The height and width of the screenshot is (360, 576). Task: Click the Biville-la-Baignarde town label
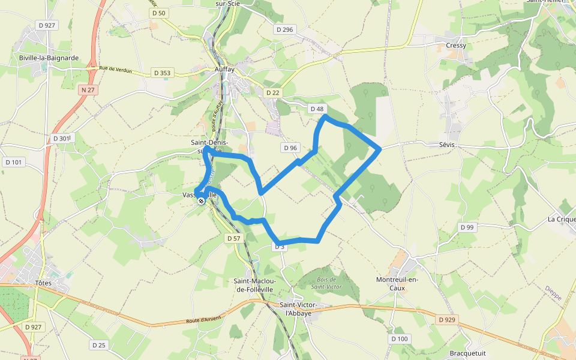pyautogui.click(x=49, y=58)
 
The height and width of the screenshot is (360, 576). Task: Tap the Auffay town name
pyautogui.click(x=224, y=69)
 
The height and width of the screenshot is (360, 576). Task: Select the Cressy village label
pyautogui.click(x=456, y=46)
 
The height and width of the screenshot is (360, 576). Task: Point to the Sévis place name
pyautogui.click(x=447, y=145)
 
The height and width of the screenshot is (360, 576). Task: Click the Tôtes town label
pyautogui.click(x=44, y=283)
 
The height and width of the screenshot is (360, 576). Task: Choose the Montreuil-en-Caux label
pyautogui.click(x=397, y=284)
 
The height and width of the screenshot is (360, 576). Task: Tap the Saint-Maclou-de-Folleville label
pyautogui.click(x=254, y=285)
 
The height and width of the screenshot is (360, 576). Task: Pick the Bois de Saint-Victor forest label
pyautogui.click(x=327, y=283)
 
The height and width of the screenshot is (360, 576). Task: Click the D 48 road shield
pyautogui.click(x=317, y=109)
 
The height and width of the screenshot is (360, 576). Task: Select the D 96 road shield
pyautogui.click(x=290, y=148)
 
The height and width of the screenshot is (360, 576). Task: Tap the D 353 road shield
pyautogui.click(x=162, y=73)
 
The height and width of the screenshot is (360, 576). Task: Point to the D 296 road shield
pyautogui.click(x=286, y=29)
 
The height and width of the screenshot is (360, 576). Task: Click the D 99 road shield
pyautogui.click(x=467, y=227)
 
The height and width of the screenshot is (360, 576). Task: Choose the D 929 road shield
pyautogui.click(x=447, y=320)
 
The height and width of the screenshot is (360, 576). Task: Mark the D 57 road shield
pyautogui.click(x=234, y=238)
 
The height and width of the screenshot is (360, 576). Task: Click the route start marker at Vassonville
pyautogui.click(x=201, y=201)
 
